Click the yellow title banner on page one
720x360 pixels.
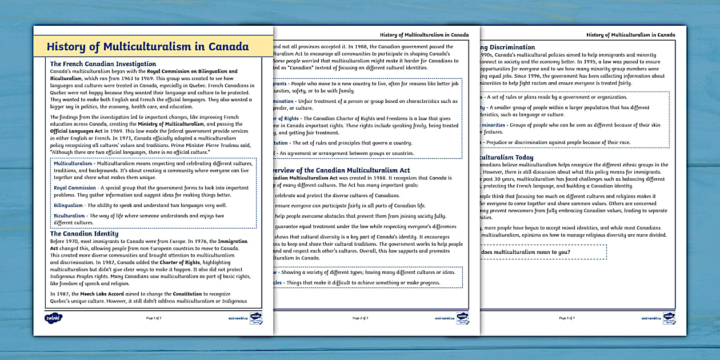click(x=147, y=47)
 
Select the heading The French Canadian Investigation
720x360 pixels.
click(x=103, y=64)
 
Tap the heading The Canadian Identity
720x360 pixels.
click(x=84, y=234)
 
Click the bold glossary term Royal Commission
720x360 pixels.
click(x=75, y=187)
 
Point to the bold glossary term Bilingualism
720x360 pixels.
click(x=69, y=205)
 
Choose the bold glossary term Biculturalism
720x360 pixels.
click(x=70, y=216)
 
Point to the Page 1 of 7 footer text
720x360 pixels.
click(x=155, y=318)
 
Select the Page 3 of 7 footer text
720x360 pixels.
click(x=567, y=318)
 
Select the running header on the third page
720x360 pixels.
click(x=630, y=35)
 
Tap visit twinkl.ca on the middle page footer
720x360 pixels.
click(x=443, y=318)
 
